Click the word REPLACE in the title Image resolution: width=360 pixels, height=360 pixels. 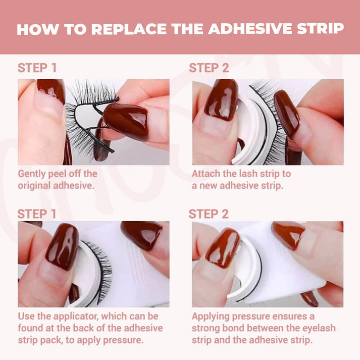pos(129,29)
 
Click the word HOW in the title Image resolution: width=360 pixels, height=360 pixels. pos(37,29)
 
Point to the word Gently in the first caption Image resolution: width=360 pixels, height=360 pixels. pos(31,174)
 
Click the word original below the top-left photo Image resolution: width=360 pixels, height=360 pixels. pos(34,185)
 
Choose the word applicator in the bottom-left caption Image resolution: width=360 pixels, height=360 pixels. pos(76,317)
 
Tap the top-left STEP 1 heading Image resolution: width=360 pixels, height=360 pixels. pos(37,68)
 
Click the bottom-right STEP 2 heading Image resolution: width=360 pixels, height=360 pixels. pos(209,214)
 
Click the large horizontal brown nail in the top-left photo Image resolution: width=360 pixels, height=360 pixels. pos(126,121)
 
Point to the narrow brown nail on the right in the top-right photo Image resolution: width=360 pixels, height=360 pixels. pos(286,113)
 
